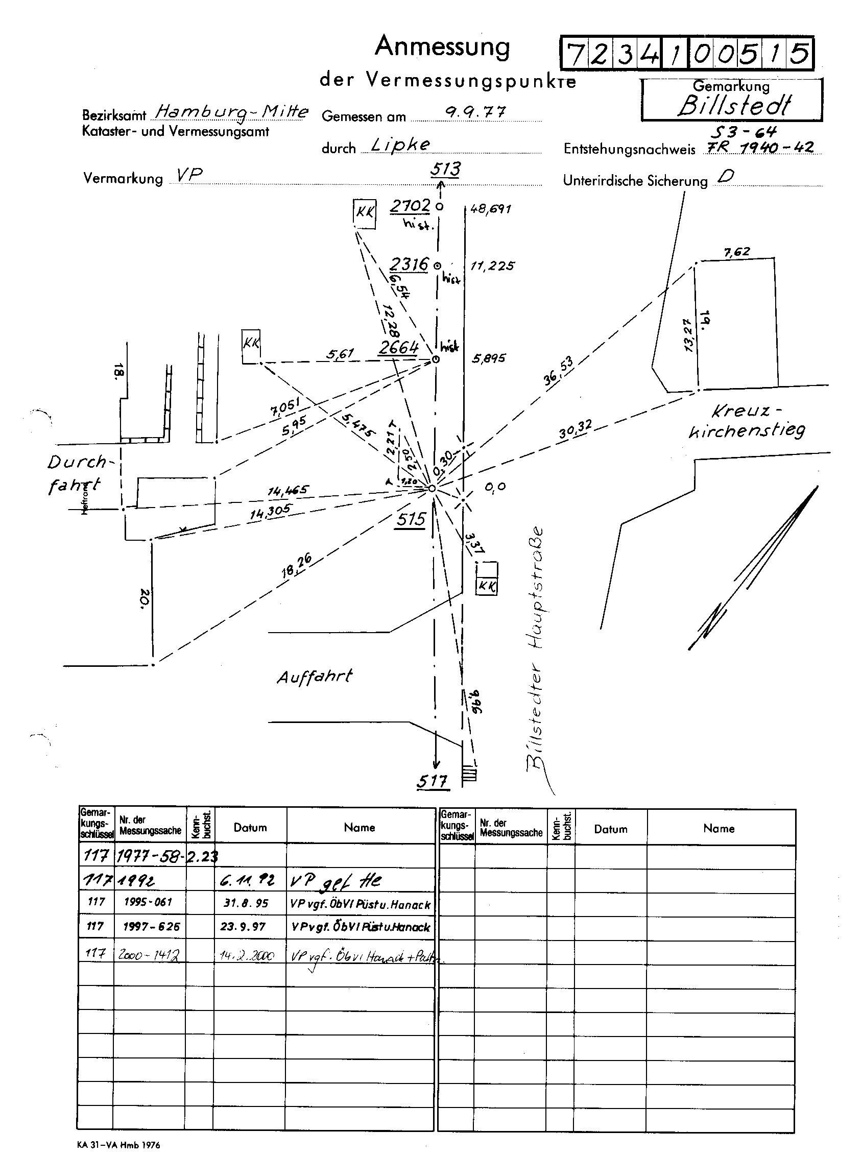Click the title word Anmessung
pyautogui.click(x=442, y=47)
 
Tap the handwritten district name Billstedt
pyautogui.click(x=734, y=106)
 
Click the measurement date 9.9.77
pyautogui.click(x=475, y=112)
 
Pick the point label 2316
pyautogui.click(x=409, y=264)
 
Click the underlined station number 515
pyautogui.click(x=411, y=519)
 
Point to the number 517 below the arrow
pyautogui.click(x=432, y=781)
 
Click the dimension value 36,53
pyautogui.click(x=558, y=370)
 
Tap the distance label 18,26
pyautogui.click(x=296, y=565)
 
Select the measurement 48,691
pyautogui.click(x=490, y=209)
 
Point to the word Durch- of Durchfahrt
pyautogui.click(x=77, y=462)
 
